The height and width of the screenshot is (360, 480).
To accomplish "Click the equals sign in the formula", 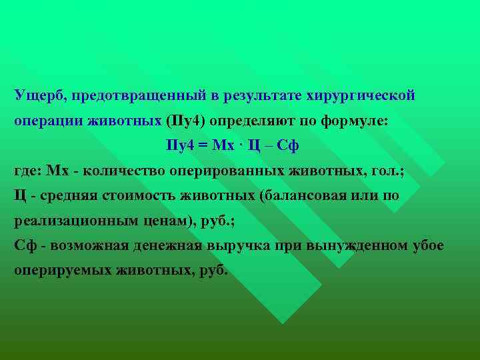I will point(215,145).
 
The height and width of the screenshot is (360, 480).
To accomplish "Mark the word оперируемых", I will point(64,271).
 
